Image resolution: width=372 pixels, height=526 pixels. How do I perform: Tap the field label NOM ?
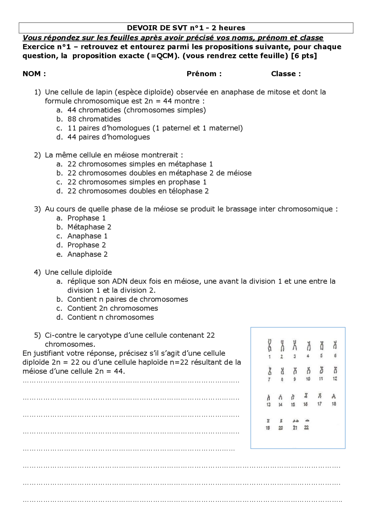coord(34,74)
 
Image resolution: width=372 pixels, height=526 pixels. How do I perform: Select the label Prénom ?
coord(204,74)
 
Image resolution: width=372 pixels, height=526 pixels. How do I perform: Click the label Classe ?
coord(286,74)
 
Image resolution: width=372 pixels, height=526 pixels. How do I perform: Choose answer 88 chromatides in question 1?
coord(94,119)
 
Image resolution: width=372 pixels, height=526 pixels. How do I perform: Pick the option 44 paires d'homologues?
coord(108,137)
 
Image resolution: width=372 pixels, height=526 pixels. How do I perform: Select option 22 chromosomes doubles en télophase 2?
coord(138,191)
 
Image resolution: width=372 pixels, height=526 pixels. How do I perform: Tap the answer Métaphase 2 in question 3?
coord(89,227)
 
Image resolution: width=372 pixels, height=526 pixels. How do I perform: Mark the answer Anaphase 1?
coord(87,236)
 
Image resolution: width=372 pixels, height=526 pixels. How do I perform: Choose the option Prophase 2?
coord(87,245)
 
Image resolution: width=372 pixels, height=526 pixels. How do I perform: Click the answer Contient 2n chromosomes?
coord(112,308)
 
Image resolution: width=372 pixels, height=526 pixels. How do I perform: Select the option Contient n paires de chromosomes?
coord(128,299)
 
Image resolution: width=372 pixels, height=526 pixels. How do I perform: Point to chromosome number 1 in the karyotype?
coord(270,345)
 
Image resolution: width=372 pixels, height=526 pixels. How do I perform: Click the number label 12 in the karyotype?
coord(335,379)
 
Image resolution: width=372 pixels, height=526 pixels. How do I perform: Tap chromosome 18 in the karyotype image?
coord(334,396)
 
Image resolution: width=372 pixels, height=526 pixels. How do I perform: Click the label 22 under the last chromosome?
coord(306,428)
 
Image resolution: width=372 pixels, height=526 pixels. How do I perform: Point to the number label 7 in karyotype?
coord(269,379)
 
